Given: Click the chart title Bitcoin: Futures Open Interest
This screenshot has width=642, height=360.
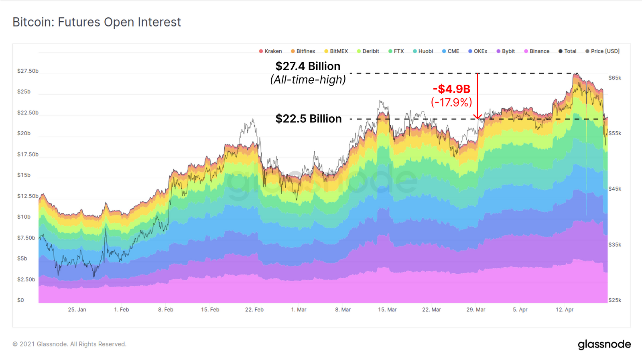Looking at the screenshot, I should (x=97, y=22).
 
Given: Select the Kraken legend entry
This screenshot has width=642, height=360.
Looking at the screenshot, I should (x=270, y=51).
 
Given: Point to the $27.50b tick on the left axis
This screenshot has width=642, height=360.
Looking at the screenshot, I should (x=28, y=71).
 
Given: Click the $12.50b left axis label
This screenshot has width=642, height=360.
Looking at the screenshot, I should (x=28, y=196).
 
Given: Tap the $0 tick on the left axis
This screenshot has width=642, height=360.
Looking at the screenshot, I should (x=20, y=300).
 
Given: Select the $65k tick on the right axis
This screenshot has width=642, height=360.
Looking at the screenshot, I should (x=615, y=78).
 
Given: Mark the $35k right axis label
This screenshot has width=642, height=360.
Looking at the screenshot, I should (x=615, y=245).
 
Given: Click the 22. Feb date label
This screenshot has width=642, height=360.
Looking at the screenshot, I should (x=254, y=310).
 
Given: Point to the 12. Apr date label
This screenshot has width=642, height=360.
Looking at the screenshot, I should (x=565, y=310).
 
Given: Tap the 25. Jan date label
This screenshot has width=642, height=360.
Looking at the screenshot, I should (x=77, y=310).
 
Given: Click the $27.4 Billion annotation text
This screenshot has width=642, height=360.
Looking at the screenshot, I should (x=308, y=66).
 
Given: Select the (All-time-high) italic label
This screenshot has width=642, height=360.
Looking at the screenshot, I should (x=308, y=80).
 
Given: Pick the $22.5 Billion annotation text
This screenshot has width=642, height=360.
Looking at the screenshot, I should (x=309, y=119).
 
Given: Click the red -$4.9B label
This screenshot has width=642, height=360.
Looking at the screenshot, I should (x=451, y=89).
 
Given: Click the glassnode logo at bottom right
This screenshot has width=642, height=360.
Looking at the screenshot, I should (x=604, y=344).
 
